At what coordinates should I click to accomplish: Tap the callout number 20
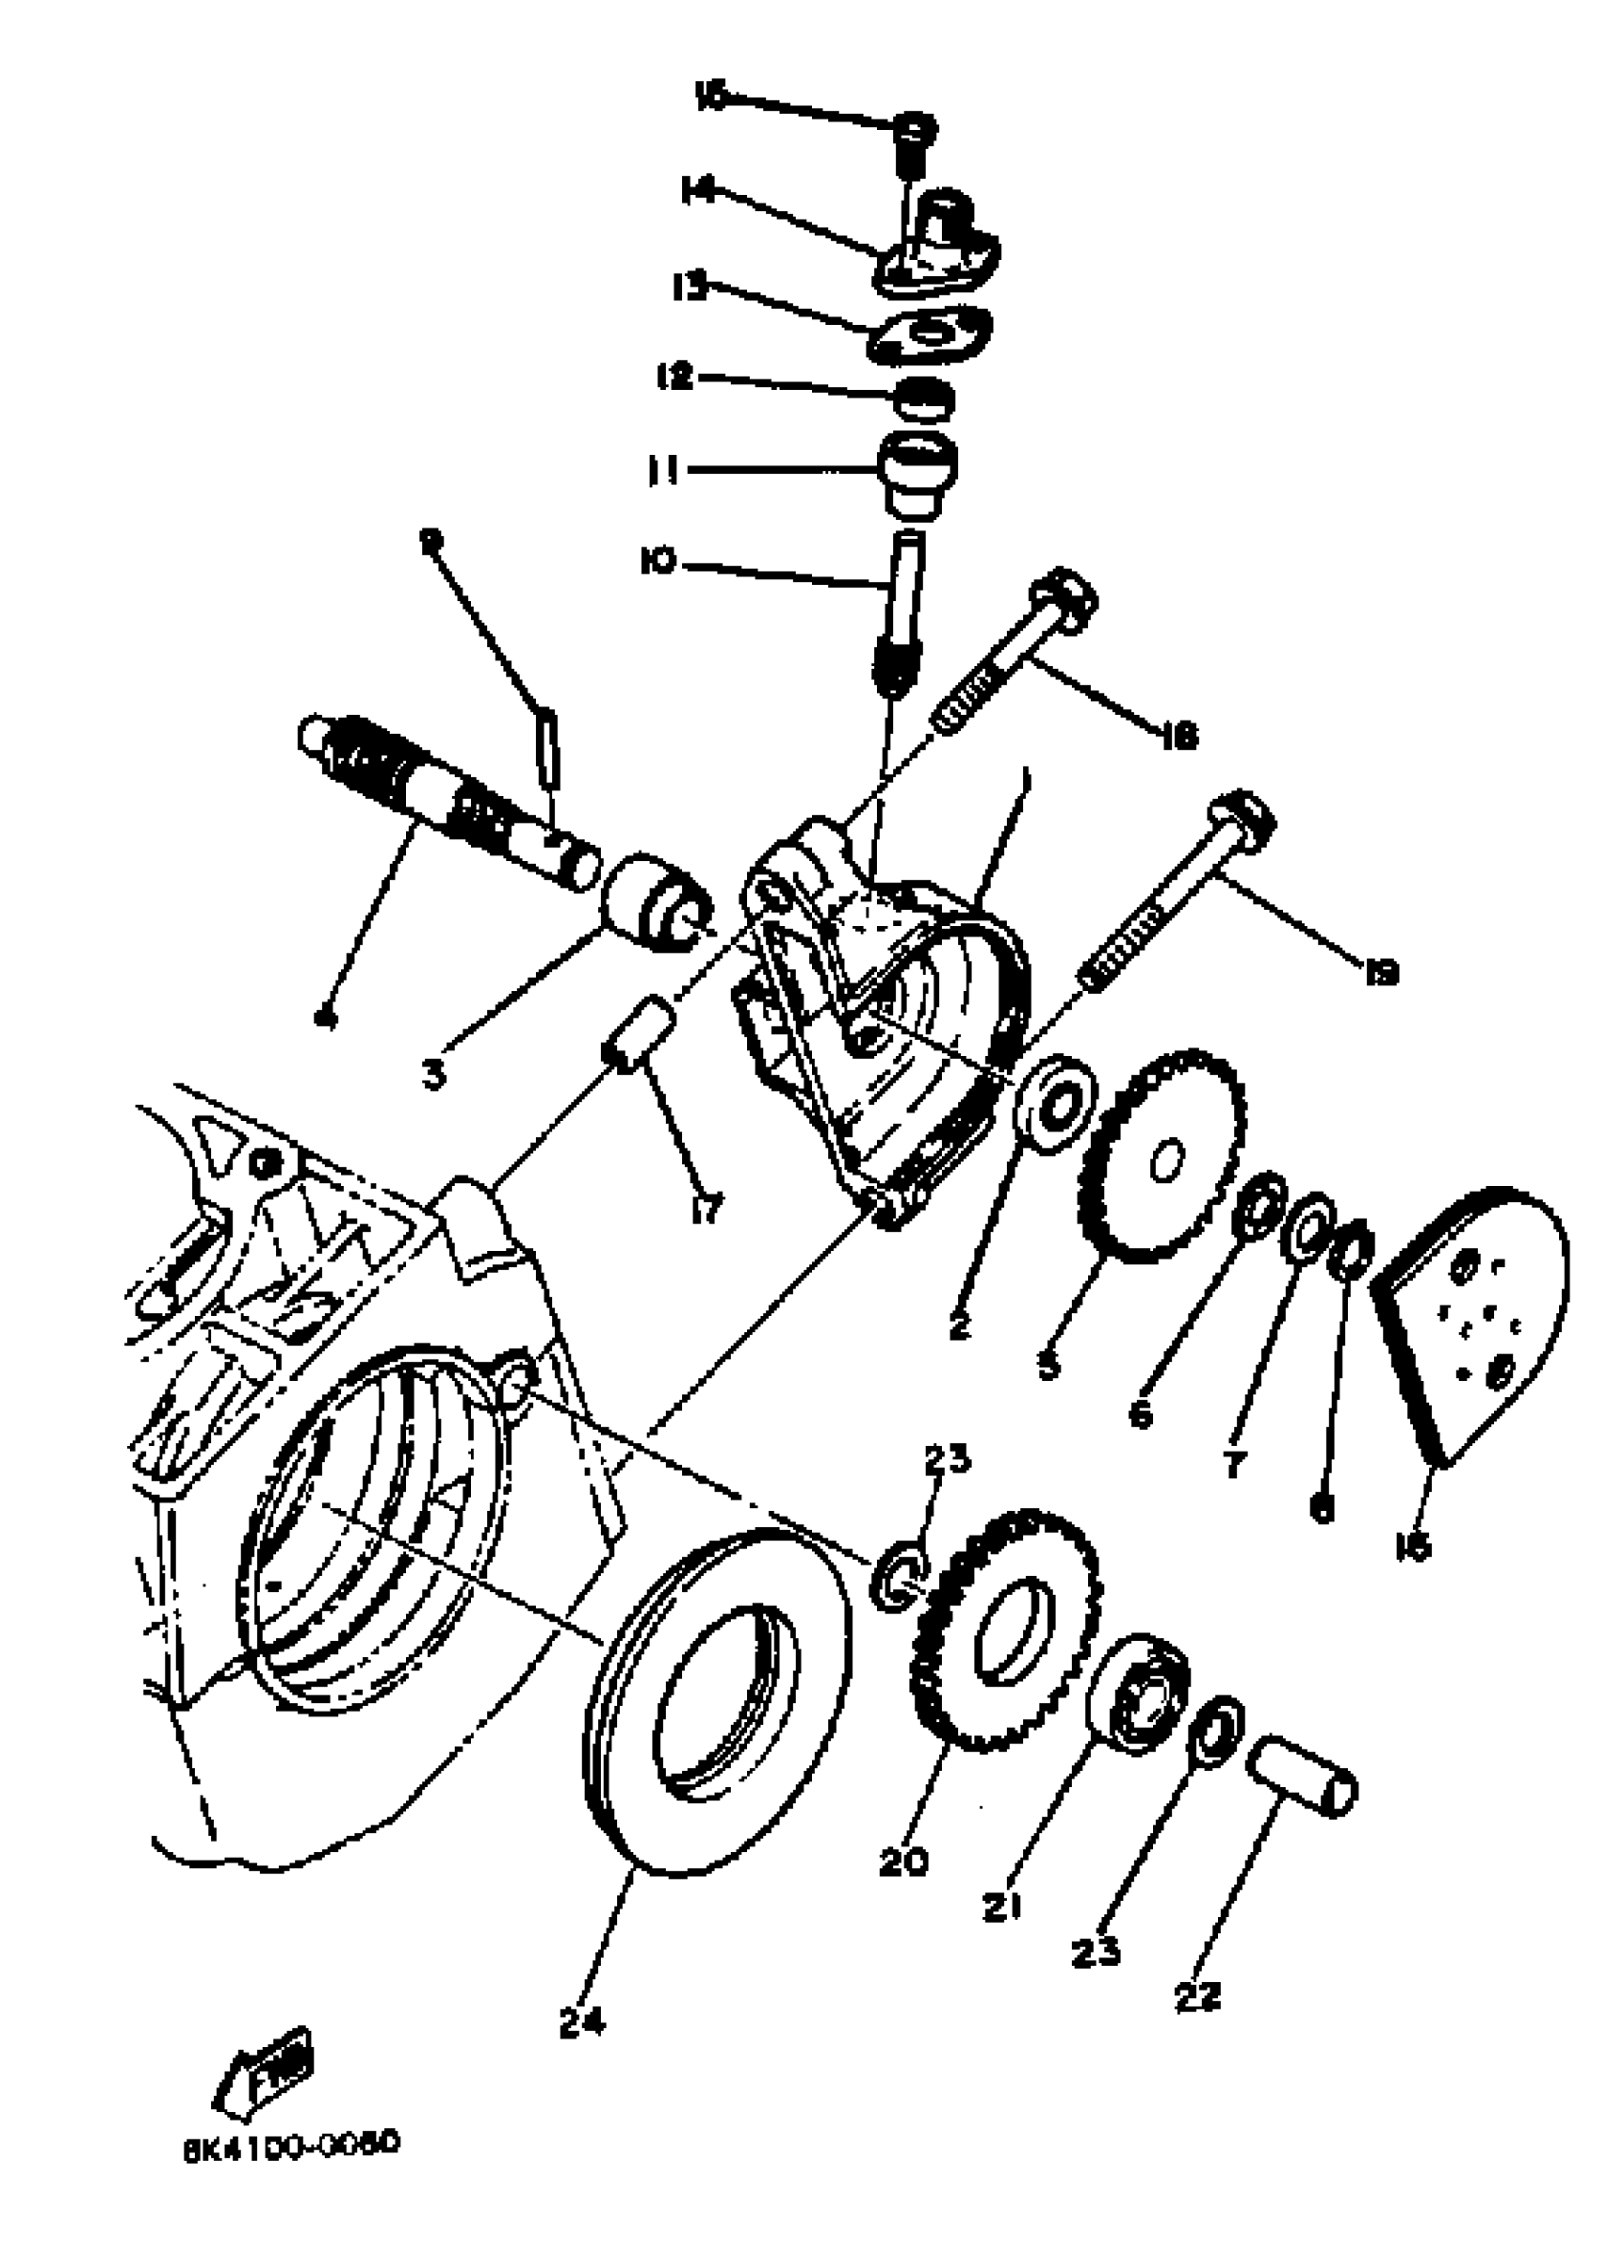point(904,1863)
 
